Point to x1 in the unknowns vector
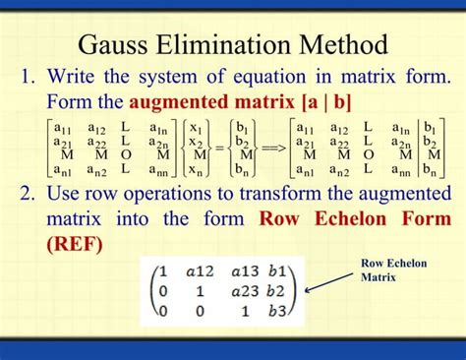[197, 129]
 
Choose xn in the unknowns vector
[197, 169]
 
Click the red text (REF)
[74, 242]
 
